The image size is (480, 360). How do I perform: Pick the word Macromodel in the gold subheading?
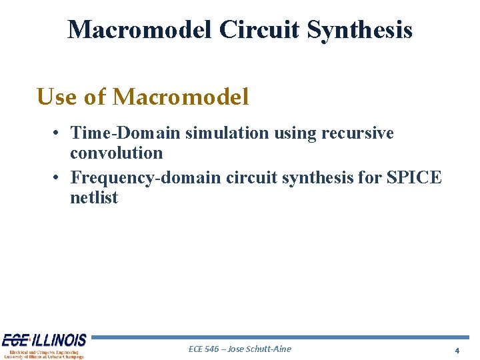(x=181, y=97)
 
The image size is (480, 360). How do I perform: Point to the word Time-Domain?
(x=125, y=133)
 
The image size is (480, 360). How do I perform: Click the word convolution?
(x=116, y=153)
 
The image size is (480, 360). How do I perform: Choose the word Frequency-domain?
(x=146, y=178)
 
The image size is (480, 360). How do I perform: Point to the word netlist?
(x=93, y=198)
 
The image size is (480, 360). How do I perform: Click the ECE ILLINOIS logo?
(x=44, y=345)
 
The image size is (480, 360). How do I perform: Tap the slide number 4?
(x=457, y=350)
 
